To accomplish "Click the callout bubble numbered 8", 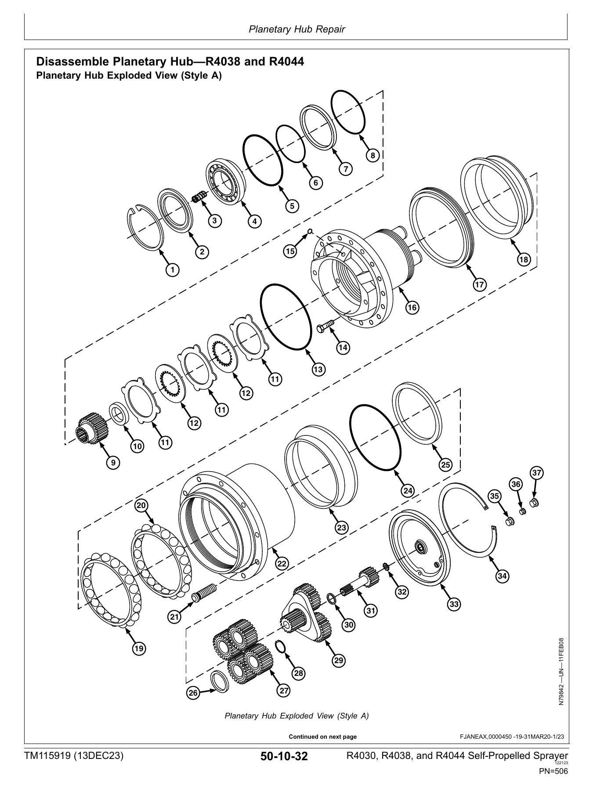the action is tap(372, 156).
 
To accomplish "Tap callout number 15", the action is tap(290, 251).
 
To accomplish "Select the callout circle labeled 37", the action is tap(536, 473).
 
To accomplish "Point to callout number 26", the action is tap(193, 693).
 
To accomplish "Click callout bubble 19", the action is tap(139, 648).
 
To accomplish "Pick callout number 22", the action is tap(282, 564).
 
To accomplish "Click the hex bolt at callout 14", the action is tap(325, 327).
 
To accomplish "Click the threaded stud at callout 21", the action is tap(204, 593).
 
